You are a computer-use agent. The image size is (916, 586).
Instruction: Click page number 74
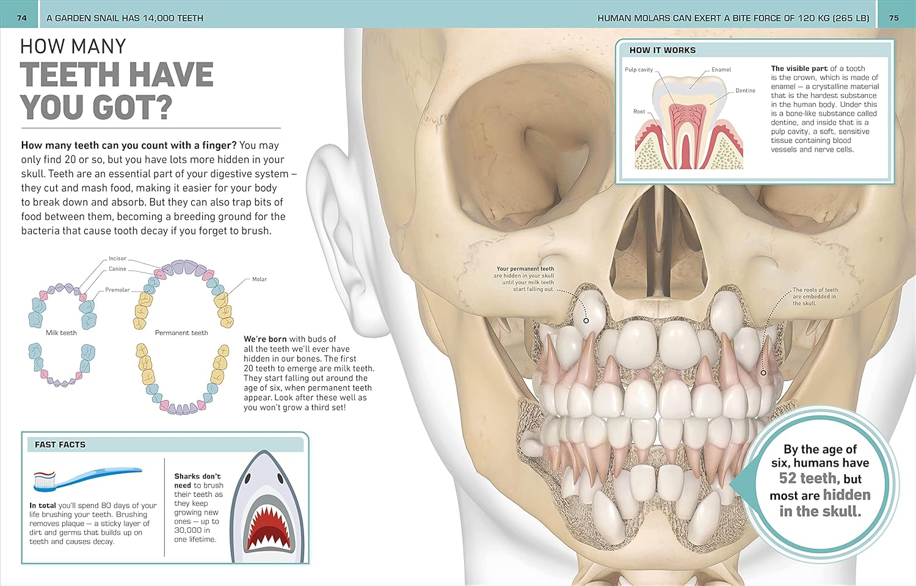point(21,18)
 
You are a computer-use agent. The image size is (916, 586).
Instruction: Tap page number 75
point(895,18)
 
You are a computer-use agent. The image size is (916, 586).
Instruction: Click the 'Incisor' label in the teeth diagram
point(117,258)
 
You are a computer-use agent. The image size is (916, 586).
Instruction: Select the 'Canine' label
point(117,269)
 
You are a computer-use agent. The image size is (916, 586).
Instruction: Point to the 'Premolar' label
point(117,290)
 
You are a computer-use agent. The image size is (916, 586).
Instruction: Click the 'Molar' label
point(260,279)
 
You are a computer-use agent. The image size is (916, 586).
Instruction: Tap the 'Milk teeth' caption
point(61,332)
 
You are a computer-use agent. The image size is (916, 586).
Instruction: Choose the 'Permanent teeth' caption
point(181,332)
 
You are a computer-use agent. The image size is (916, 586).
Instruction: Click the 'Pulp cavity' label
point(639,70)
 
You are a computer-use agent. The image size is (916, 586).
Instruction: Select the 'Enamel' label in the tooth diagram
point(721,70)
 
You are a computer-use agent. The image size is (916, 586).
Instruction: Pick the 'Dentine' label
point(746,90)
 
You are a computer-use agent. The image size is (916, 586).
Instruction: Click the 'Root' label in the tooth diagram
point(639,111)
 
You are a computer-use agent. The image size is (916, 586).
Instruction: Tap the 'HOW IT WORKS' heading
point(663,50)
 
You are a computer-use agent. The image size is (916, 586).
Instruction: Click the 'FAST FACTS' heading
point(60,445)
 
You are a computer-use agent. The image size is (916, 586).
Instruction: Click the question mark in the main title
point(164,107)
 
